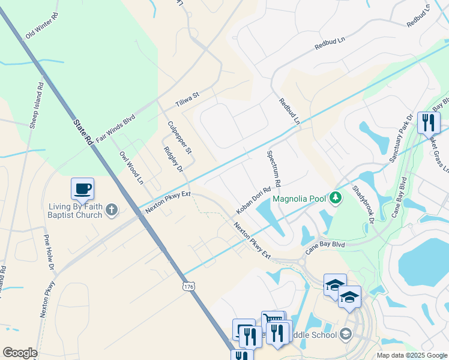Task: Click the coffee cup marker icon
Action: click(x=82, y=189)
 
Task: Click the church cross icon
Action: click(x=111, y=209)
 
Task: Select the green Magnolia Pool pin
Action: click(x=337, y=197)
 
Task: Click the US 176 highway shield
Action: click(x=189, y=287)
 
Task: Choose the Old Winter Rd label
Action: click(x=41, y=28)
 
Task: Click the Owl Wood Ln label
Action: click(x=131, y=167)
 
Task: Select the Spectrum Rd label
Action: click(x=274, y=168)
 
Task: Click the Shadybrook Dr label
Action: click(x=363, y=203)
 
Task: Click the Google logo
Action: click(x=20, y=353)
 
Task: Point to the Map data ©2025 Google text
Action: click(x=412, y=355)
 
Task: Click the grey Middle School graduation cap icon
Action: click(x=346, y=334)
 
